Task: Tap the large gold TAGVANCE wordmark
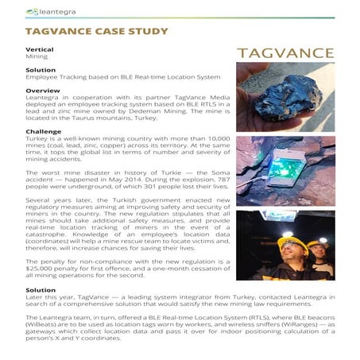(285, 52)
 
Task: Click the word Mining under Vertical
(36, 57)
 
